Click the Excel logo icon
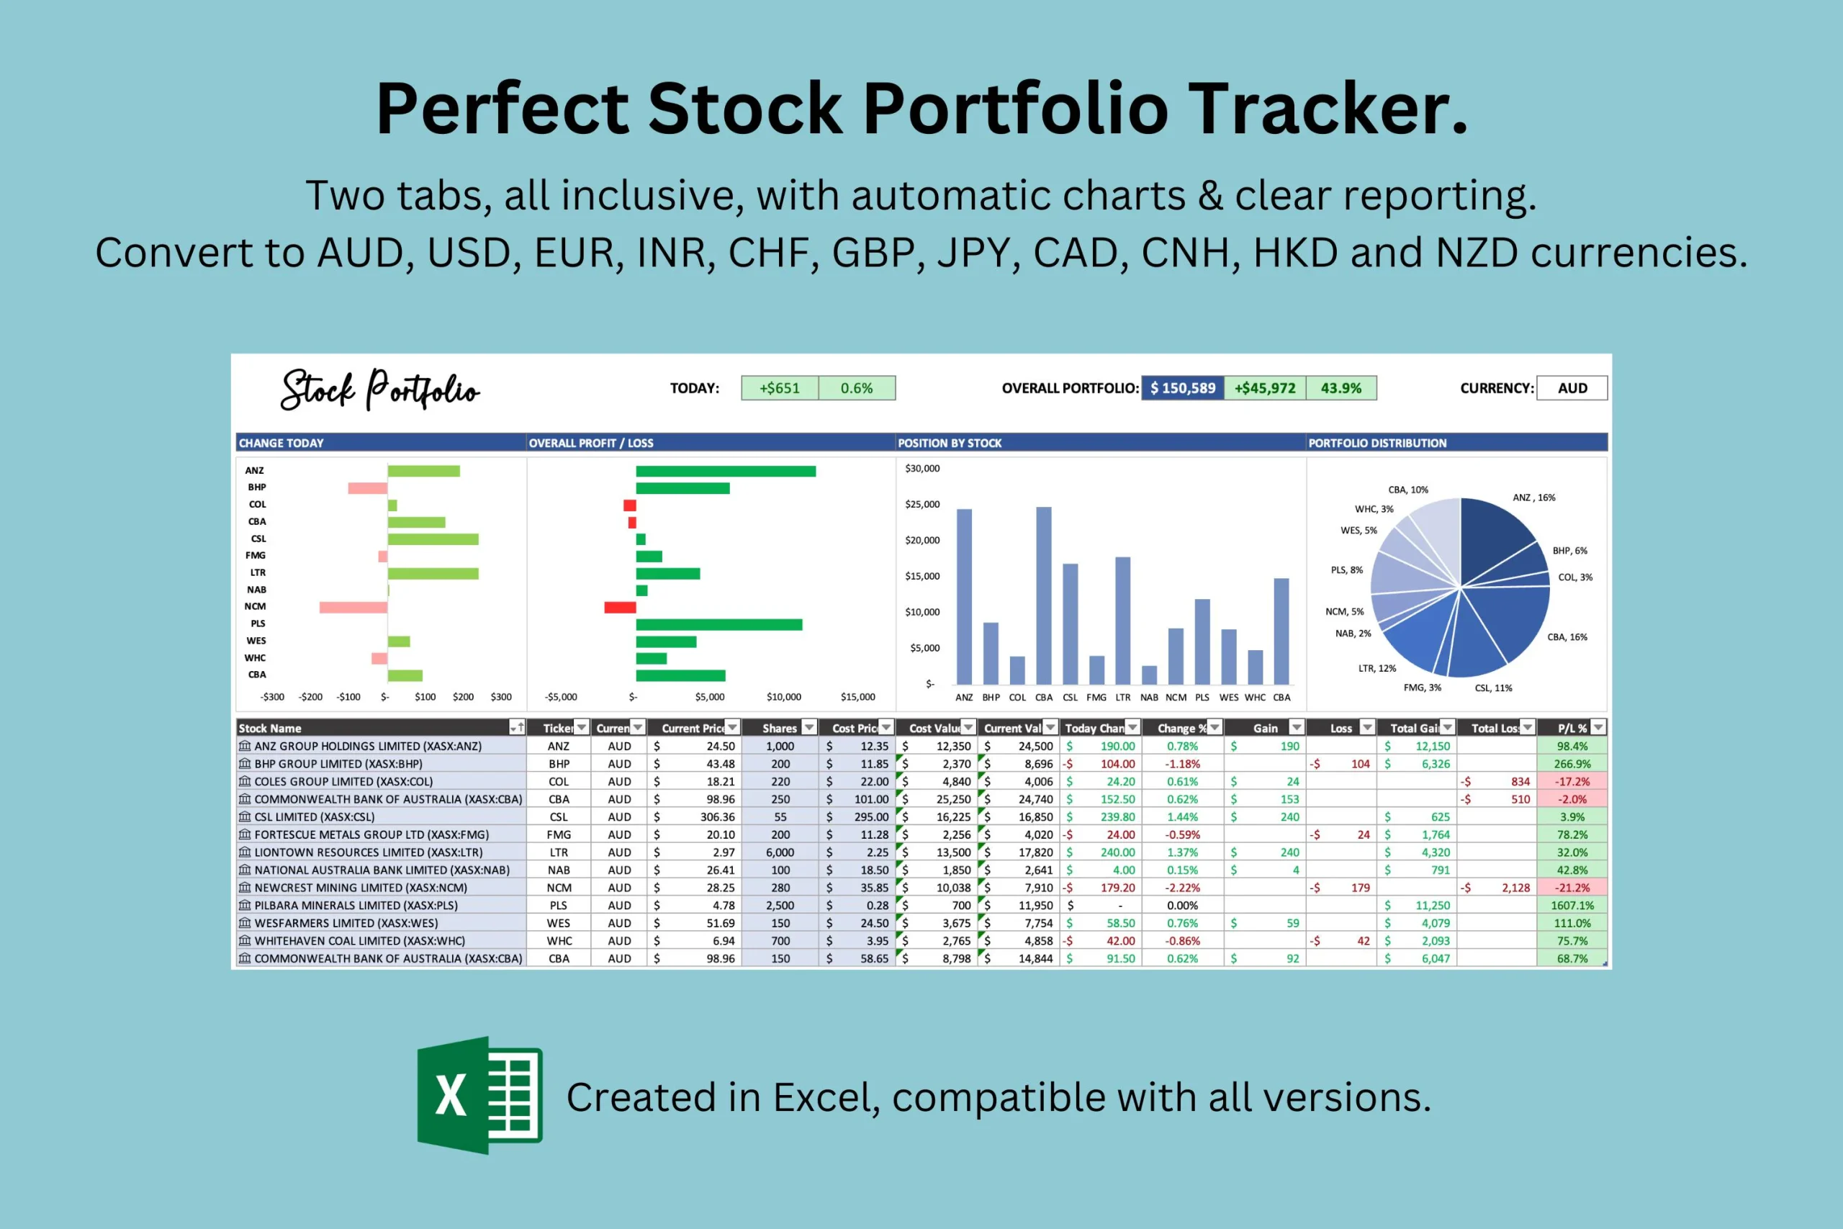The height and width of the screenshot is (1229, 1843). [479, 1095]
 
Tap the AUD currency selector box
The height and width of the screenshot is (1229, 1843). [1572, 388]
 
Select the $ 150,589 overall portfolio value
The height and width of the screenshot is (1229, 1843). [1182, 388]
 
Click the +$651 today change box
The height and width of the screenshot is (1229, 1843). [780, 388]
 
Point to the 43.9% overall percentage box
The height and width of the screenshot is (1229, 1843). [1340, 388]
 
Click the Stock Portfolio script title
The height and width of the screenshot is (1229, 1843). [380, 390]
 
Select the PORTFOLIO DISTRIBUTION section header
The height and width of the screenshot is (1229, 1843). [1377, 443]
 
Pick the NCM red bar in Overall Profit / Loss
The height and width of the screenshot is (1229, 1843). [620, 608]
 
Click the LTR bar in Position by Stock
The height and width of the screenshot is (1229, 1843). [1123, 620]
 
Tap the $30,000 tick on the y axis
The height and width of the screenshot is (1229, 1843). [922, 469]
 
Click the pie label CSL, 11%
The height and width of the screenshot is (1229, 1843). [1494, 688]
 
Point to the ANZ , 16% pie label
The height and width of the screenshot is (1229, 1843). [1533, 498]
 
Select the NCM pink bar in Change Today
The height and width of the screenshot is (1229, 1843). [353, 608]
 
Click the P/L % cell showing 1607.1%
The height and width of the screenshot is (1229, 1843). [1572, 905]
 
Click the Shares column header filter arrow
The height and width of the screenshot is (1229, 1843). [808, 727]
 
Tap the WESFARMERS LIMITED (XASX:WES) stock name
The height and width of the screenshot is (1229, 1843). [346, 923]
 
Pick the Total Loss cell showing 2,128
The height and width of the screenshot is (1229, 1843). [1515, 888]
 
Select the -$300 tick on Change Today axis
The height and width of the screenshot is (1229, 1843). [272, 697]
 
